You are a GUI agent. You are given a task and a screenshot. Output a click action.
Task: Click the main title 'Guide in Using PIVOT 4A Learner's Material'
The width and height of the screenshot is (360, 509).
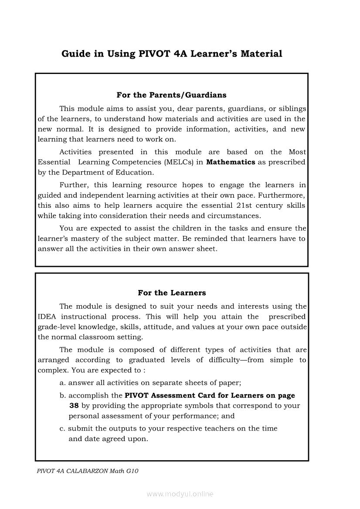click(x=172, y=54)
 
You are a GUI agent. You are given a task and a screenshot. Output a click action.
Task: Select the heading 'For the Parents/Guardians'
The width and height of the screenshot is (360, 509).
click(x=171, y=95)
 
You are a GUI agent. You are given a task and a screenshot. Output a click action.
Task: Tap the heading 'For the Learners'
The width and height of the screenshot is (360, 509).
click(x=172, y=293)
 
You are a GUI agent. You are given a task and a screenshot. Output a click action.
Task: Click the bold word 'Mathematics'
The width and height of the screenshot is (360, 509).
click(x=231, y=162)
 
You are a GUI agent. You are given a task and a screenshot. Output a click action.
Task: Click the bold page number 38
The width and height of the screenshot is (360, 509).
click(x=74, y=406)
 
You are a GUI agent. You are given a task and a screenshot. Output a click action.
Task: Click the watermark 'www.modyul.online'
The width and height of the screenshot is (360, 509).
click(x=180, y=494)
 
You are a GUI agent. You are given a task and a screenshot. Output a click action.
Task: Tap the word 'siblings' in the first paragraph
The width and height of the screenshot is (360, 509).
click(x=293, y=108)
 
